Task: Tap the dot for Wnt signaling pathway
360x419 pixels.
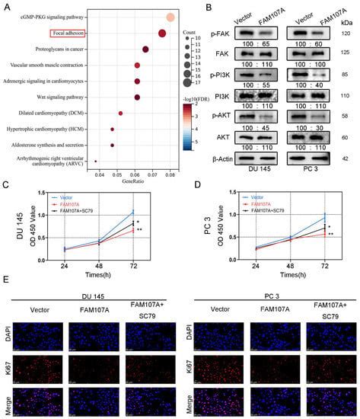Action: pos(137,97)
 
